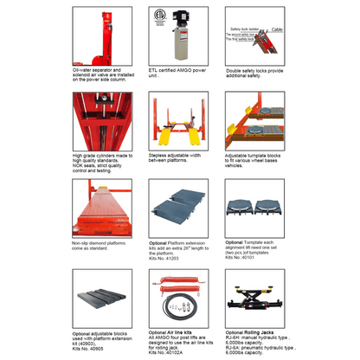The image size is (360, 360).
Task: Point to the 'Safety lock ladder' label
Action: (247, 29)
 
